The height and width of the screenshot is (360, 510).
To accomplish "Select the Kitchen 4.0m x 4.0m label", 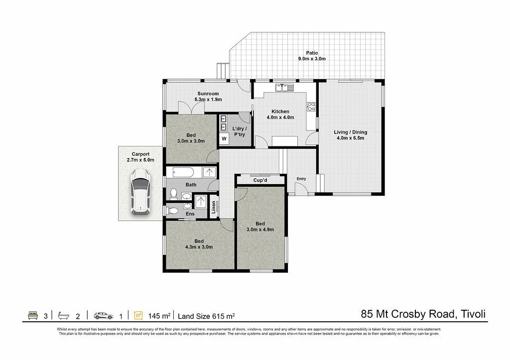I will [x=280, y=115].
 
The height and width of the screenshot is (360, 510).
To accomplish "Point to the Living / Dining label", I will [x=350, y=135].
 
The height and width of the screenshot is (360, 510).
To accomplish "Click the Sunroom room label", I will [x=209, y=96].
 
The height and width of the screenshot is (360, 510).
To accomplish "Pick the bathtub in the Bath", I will [x=187, y=172].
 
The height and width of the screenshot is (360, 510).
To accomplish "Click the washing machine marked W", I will [x=224, y=138].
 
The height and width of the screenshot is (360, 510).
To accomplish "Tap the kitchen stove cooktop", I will [x=311, y=106].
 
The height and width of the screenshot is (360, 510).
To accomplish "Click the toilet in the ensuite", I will [x=172, y=211].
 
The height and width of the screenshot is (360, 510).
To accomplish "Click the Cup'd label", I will [x=261, y=180].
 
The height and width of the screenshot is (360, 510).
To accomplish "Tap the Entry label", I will [x=301, y=179].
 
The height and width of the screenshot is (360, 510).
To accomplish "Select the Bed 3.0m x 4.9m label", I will [x=260, y=227].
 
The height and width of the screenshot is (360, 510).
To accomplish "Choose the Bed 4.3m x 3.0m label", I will [x=199, y=244].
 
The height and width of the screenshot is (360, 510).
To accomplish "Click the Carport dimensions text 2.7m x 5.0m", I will [x=140, y=160].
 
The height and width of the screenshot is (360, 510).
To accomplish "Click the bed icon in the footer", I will [x=33, y=315].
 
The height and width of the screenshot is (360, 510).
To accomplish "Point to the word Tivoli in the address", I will [x=472, y=314].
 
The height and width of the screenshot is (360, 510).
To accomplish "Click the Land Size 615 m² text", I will [x=206, y=316].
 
